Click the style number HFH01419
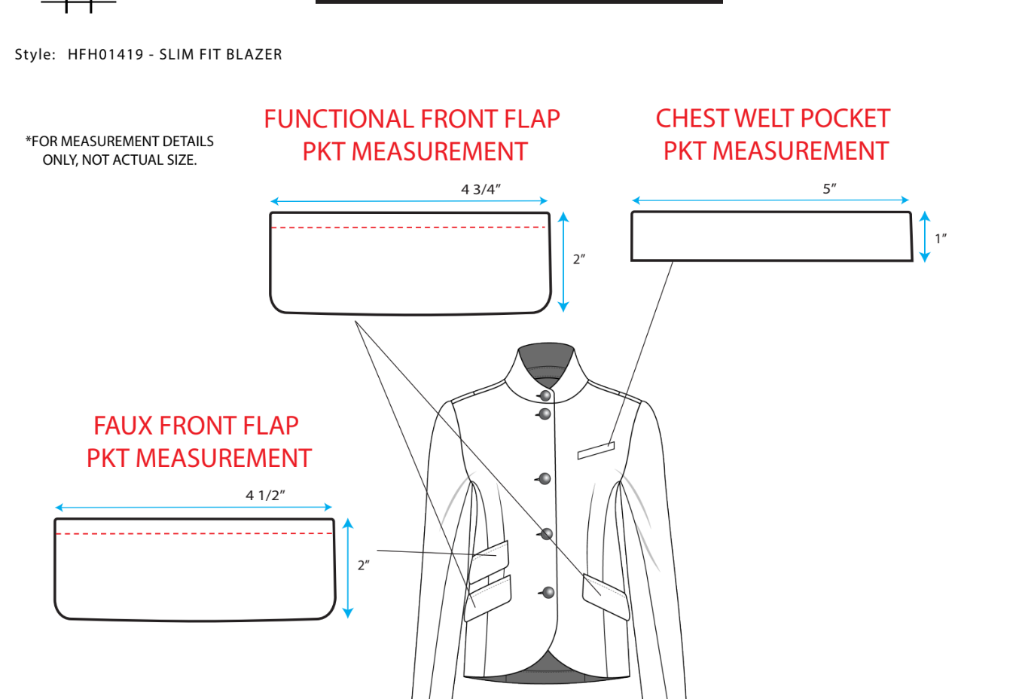(x=105, y=54)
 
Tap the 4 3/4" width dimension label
(x=481, y=189)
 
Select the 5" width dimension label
(x=829, y=188)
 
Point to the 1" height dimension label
(x=940, y=239)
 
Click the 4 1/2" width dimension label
(x=265, y=495)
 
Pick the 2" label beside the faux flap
(x=363, y=565)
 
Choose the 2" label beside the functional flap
(x=578, y=259)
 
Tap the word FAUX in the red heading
(x=124, y=426)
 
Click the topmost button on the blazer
(x=545, y=395)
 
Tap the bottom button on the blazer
(x=548, y=593)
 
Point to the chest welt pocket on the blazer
(x=596, y=450)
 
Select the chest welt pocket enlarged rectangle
(x=771, y=237)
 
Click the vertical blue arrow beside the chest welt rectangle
(x=925, y=237)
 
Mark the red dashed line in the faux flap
(x=194, y=533)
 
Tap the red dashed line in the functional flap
(x=409, y=227)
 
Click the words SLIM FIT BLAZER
(x=221, y=54)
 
